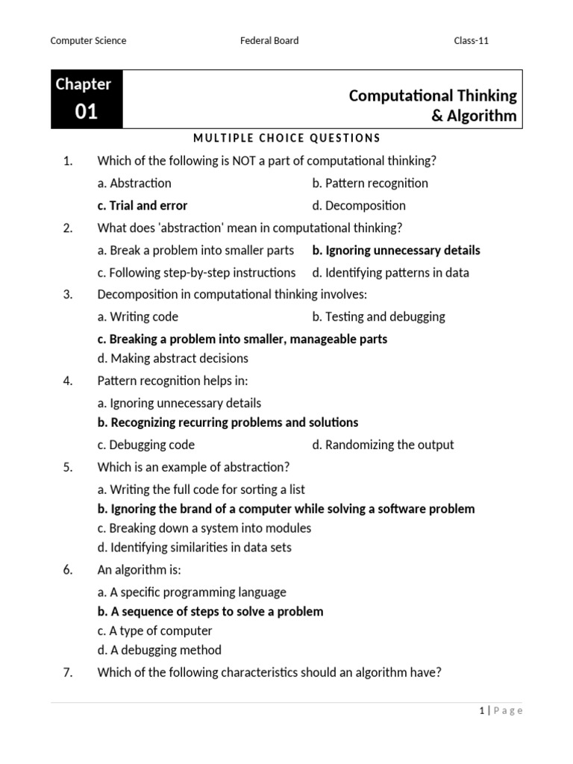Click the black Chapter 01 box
pyautogui.click(x=87, y=99)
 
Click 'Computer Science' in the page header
pyautogui.click(x=88, y=40)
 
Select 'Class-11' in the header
pyautogui.click(x=472, y=40)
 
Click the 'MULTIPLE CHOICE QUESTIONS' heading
pyautogui.click(x=286, y=138)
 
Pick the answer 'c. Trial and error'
pyautogui.click(x=143, y=205)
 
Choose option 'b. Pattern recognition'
pyautogui.click(x=370, y=183)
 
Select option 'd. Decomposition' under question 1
pyautogui.click(x=359, y=205)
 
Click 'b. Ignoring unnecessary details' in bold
pyautogui.click(x=396, y=250)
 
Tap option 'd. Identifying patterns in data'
pyautogui.click(x=391, y=272)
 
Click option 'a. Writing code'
pyautogui.click(x=138, y=316)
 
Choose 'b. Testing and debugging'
pyautogui.click(x=379, y=316)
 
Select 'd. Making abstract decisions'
pyautogui.click(x=173, y=358)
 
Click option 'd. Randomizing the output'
pyautogui.click(x=383, y=445)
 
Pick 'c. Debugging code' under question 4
pyautogui.click(x=146, y=445)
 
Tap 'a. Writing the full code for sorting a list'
pyautogui.click(x=201, y=489)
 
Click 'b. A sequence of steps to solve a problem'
pyautogui.click(x=210, y=611)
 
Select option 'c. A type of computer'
pyautogui.click(x=155, y=630)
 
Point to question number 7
pyautogui.click(x=67, y=672)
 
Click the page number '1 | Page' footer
pyautogui.click(x=501, y=711)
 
